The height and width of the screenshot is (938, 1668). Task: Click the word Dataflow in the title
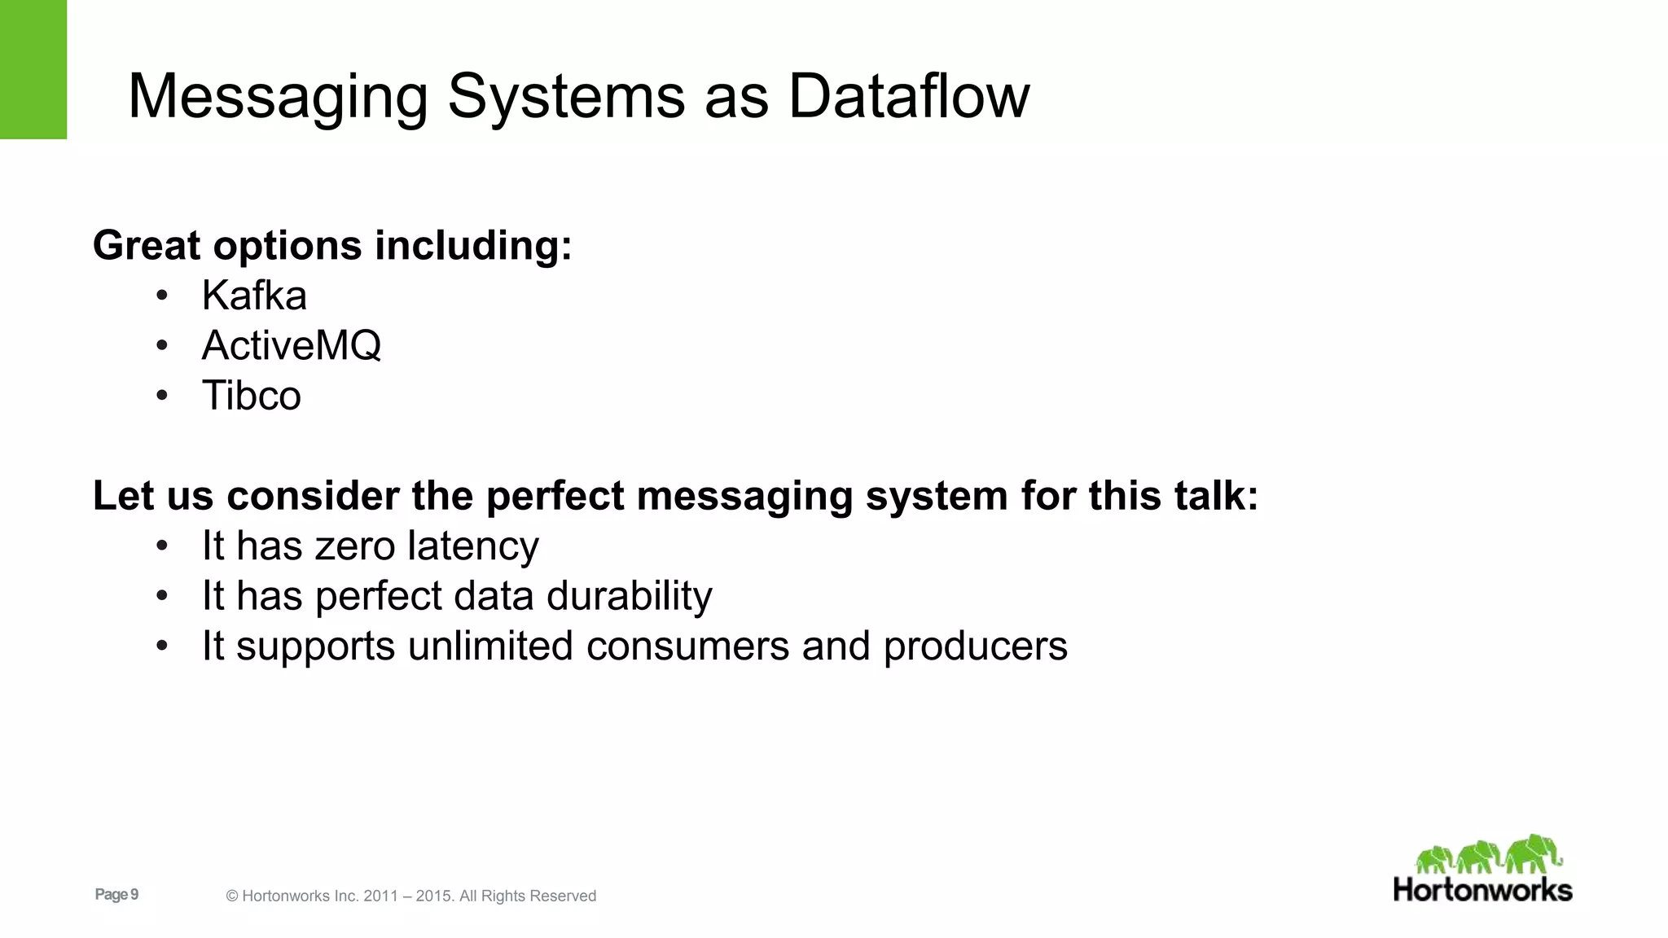pos(908,96)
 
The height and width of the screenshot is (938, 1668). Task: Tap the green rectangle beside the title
pos(33,69)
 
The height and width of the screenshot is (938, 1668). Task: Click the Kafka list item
pos(254,296)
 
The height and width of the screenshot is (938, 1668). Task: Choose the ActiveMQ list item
pos(291,345)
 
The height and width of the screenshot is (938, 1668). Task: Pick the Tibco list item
pos(251,396)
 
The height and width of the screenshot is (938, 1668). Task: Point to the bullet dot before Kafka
pos(162,296)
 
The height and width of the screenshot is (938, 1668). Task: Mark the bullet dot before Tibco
pos(162,396)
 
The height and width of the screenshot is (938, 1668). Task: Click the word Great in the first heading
pos(147,245)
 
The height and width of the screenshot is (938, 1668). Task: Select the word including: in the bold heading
pos(473,245)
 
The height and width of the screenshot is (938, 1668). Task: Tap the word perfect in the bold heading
pos(555,496)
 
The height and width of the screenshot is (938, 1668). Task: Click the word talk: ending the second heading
pos(1216,496)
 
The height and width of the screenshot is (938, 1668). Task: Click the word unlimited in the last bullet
pos(490,647)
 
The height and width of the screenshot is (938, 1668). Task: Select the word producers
pos(975,647)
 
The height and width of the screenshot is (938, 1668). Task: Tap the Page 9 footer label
pos(116,895)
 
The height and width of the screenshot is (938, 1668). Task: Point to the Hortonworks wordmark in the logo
pos(1482,890)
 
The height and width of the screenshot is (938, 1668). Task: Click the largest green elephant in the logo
pos(1533,853)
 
